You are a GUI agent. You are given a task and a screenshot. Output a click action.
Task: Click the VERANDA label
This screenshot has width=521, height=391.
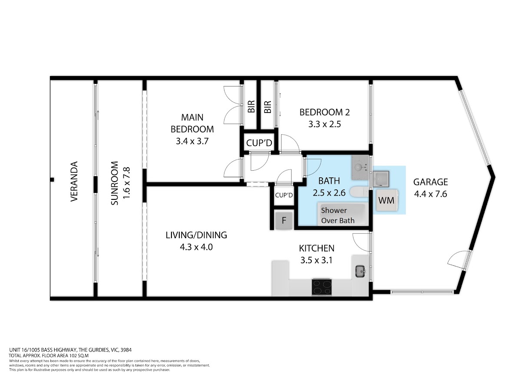tap(74, 182)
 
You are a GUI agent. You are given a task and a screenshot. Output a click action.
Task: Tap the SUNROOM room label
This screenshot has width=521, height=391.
tap(115, 183)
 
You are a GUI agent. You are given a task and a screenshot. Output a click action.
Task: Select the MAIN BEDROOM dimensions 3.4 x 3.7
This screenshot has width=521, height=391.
tap(192, 141)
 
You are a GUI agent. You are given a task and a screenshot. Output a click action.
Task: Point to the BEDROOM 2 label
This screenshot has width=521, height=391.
tap(324, 112)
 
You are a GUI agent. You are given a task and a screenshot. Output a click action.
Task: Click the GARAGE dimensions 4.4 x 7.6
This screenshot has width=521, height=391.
tap(430, 194)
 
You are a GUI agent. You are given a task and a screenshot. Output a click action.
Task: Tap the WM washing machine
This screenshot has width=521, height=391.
tap(386, 200)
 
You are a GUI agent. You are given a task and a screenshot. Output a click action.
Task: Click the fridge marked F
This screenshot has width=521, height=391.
tap(284, 221)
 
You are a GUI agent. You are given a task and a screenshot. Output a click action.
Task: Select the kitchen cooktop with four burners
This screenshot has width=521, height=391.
tap(322, 287)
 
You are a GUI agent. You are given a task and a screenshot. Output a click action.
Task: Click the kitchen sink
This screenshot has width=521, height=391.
tap(360, 271)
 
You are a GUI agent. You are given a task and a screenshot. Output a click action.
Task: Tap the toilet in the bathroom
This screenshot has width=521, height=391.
tap(359, 192)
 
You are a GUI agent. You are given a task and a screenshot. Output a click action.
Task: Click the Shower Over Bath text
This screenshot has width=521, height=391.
tap(337, 215)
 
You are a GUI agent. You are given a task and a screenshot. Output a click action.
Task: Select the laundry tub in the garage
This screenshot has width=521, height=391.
tap(381, 179)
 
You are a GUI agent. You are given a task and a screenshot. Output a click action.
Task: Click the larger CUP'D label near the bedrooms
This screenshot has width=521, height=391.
tap(259, 143)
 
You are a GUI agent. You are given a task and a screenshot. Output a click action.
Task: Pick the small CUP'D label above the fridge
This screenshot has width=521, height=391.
tap(284, 195)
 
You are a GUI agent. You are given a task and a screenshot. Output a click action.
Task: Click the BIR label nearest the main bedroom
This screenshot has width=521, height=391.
tap(251, 106)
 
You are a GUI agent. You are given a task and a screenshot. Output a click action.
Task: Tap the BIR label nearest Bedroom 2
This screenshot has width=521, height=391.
tap(267, 107)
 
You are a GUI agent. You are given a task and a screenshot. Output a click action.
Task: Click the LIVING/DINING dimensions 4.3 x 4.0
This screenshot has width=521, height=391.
tap(196, 247)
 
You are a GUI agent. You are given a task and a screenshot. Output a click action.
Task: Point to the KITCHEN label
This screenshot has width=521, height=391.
tap(317, 249)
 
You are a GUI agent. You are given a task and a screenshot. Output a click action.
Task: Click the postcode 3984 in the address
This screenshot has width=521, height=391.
tap(126, 350)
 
